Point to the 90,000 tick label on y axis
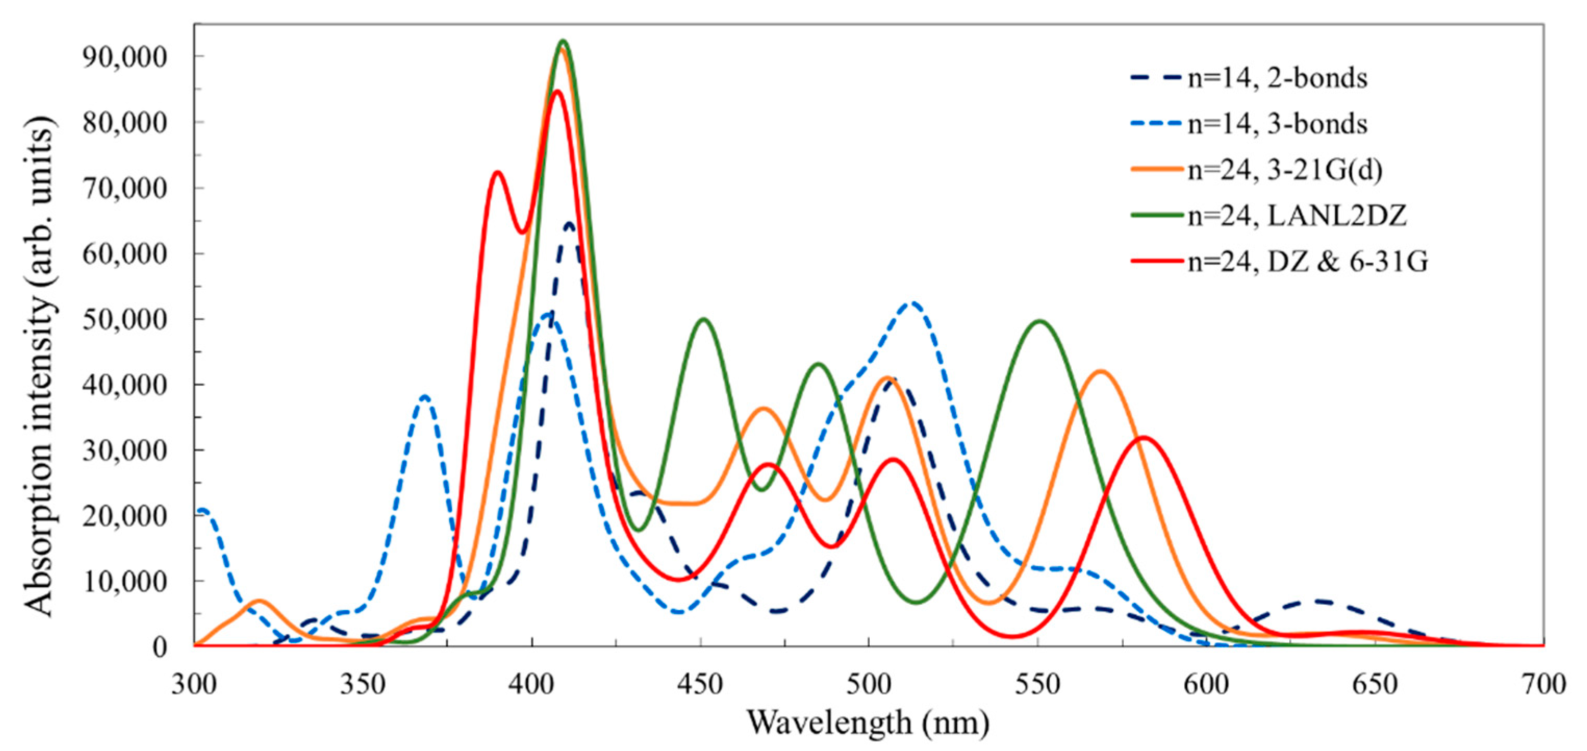pyautogui.click(x=124, y=57)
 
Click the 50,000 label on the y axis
pyautogui.click(x=124, y=319)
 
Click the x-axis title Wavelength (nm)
pyautogui.click(x=869, y=723)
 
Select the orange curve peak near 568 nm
pyautogui.click(x=1101, y=372)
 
